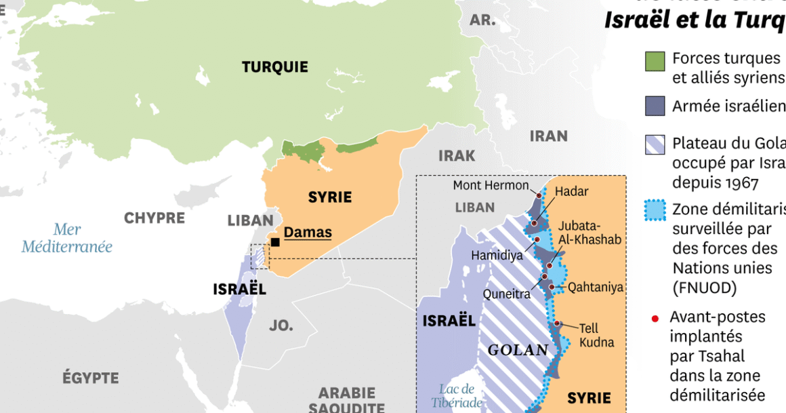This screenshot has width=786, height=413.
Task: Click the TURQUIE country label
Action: click(274, 67)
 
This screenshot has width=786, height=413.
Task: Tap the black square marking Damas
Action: click(275, 242)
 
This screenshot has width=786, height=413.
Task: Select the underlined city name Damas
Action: click(308, 233)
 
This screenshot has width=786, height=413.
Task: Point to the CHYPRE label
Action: click(154, 218)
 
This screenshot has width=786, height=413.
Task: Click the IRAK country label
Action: click(457, 155)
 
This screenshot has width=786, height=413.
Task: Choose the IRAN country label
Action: click(548, 136)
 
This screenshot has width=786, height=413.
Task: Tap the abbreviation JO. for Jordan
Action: click(281, 326)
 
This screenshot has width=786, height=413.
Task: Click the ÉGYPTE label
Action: click(91, 378)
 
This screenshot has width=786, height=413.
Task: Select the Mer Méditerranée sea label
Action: click(66, 238)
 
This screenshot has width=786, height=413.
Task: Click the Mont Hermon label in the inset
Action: click(491, 185)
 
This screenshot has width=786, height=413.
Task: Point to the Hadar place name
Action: click(571, 191)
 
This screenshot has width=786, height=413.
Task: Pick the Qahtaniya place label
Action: click(595, 288)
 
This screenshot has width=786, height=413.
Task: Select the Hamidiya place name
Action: click(497, 255)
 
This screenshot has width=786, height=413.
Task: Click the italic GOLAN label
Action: click(518, 351)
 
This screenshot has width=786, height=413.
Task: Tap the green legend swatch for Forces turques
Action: click(655, 61)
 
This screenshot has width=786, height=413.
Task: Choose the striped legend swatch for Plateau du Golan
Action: click(655, 145)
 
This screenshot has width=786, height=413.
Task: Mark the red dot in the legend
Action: click(655, 318)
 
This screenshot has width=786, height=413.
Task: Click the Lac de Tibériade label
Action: click(457, 396)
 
